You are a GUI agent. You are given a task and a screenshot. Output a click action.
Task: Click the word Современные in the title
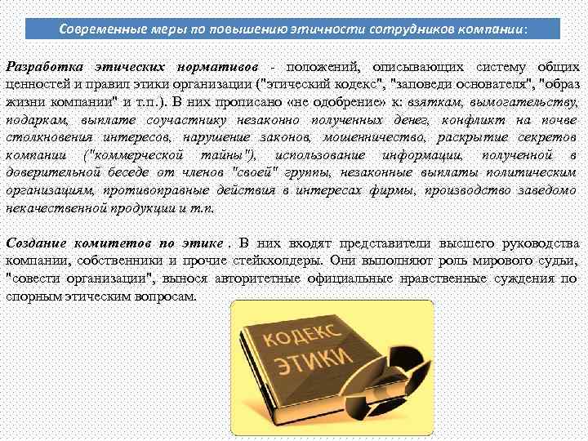[99, 29]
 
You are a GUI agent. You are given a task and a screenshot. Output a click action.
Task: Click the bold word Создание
[36, 243]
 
